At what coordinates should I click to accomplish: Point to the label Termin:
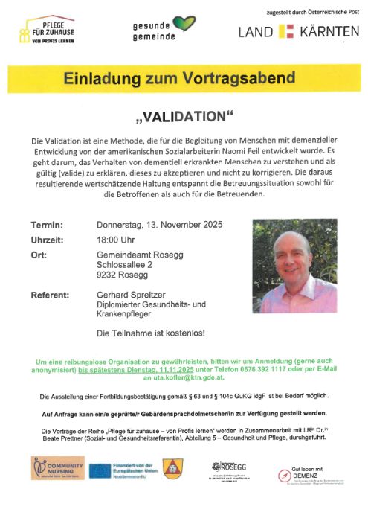46,225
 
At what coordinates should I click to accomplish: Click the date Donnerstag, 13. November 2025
159,225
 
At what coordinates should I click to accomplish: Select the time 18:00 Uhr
117,240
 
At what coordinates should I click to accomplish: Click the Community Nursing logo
57,468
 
